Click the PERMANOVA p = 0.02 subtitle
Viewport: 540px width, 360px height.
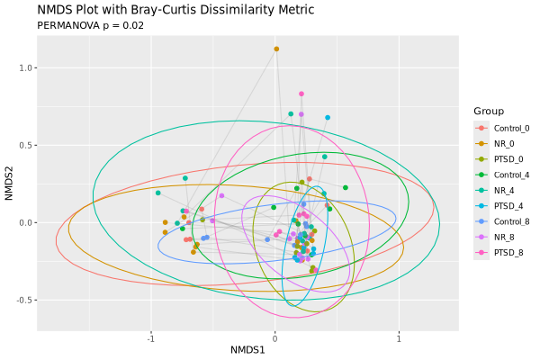pyautogui.click(x=90, y=25)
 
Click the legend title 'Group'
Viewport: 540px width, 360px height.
pyautogui.click(x=489, y=111)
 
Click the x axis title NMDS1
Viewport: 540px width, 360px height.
pyautogui.click(x=247, y=349)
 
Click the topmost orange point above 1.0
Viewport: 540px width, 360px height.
pyautogui.click(x=276, y=49)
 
